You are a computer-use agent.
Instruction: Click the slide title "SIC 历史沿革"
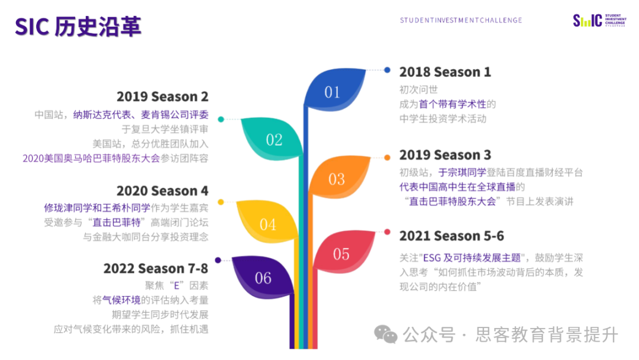click(78, 27)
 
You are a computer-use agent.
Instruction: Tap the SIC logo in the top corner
click(599, 20)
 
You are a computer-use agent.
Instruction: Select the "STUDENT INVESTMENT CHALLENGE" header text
click(461, 20)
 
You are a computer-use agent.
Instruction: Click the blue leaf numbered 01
click(334, 91)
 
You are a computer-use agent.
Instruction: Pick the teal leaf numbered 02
click(272, 139)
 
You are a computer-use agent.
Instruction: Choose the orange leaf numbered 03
click(338, 178)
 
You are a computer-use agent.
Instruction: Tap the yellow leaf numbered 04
click(267, 222)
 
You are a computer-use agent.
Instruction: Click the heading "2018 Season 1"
click(445, 72)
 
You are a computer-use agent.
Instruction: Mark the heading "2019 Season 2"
click(162, 97)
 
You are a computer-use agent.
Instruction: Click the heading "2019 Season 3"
click(445, 155)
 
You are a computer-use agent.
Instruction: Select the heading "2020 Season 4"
click(162, 191)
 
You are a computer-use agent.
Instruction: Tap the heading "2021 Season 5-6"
click(451, 236)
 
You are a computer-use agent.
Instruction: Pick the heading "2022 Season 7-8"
click(156, 269)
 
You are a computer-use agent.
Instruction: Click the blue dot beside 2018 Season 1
click(387, 70)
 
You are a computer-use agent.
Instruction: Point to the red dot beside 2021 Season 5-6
click(387, 232)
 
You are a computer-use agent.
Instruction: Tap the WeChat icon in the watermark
click(386, 335)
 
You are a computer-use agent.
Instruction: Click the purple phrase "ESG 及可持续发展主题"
click(472, 258)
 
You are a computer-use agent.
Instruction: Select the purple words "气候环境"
click(121, 300)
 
